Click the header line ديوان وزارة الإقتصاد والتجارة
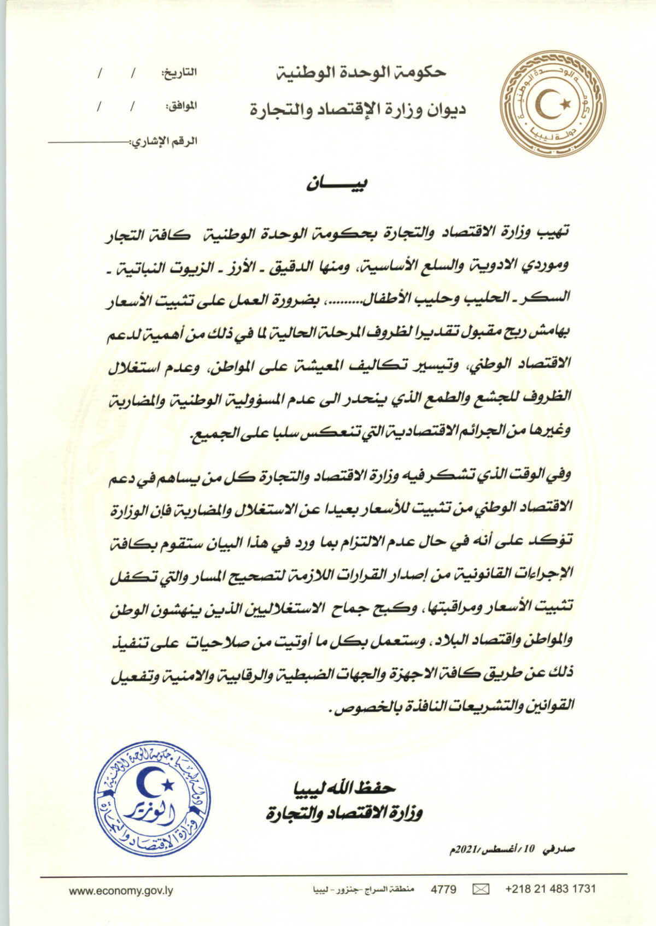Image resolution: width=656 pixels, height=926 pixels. coord(358,110)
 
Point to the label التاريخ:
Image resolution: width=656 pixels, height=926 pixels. coord(179,73)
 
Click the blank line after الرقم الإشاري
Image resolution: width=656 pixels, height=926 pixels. coord(87,141)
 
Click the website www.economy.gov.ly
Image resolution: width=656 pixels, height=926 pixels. coord(121,890)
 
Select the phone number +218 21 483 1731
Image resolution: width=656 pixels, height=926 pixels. coord(550,889)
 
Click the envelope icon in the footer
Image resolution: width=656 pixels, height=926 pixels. coord(481,889)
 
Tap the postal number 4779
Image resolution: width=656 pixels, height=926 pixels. coord(443,889)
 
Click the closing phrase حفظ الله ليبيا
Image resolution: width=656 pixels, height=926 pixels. coord(345,788)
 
